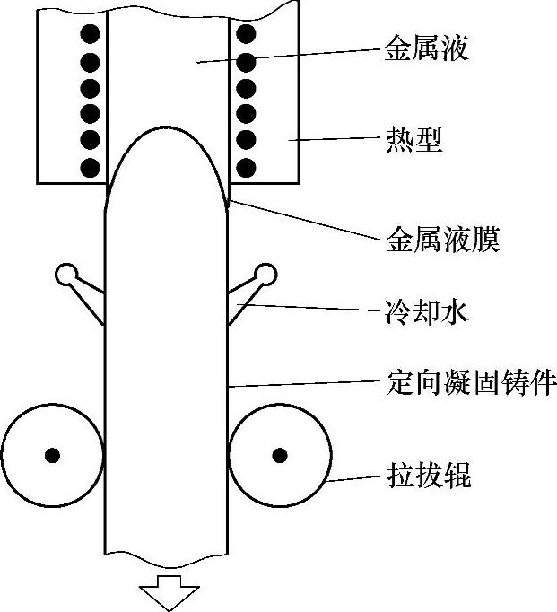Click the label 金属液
pos(426,48)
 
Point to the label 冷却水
pos(426,314)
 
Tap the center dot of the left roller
pos(53,454)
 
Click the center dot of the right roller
pos(279,454)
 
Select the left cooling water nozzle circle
pos(66,272)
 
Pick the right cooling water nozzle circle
pos(266,272)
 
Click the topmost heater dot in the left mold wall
pos(89,35)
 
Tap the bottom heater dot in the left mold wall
pos(89,166)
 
